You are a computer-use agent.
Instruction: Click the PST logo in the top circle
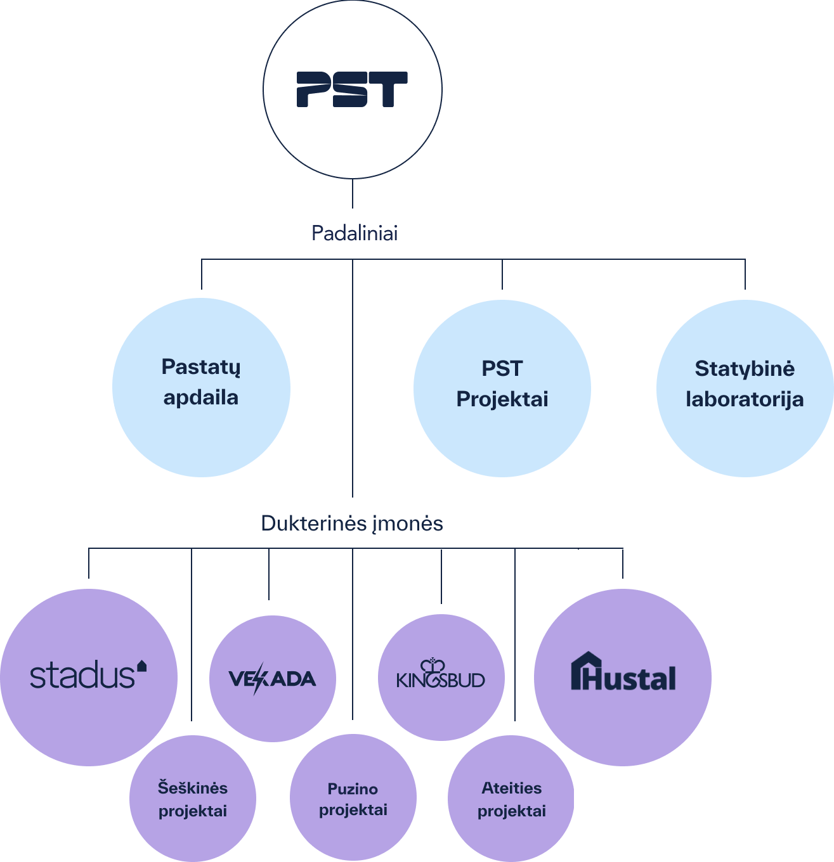click(352, 89)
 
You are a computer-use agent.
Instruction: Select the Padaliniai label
click(355, 233)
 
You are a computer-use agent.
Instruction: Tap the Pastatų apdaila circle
click(201, 387)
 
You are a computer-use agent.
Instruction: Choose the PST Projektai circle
click(502, 388)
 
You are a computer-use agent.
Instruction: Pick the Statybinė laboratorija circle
click(745, 388)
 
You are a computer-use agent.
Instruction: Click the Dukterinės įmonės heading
click(352, 524)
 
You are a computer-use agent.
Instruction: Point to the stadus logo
click(88, 675)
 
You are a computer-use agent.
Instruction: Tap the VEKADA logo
click(272, 679)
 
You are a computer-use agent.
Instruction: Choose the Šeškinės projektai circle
click(193, 799)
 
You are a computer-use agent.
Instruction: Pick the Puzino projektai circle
click(353, 799)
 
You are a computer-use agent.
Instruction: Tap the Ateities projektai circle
click(511, 799)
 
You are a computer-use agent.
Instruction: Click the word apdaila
click(201, 398)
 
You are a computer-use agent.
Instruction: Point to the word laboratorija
click(745, 399)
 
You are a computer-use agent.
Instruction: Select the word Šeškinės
click(193, 788)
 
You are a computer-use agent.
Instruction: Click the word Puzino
click(353, 789)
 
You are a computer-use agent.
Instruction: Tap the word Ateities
click(512, 788)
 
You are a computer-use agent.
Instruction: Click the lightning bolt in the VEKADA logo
click(257, 679)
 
